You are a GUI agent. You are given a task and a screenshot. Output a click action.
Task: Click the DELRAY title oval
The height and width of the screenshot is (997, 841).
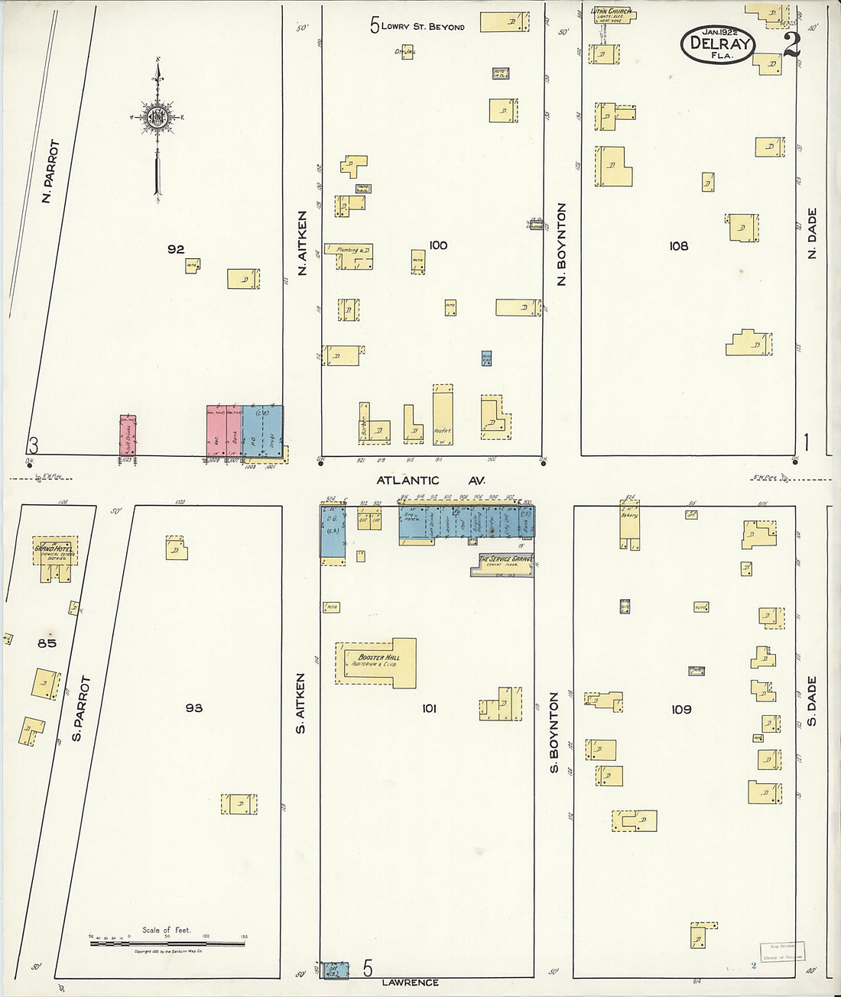click(x=717, y=44)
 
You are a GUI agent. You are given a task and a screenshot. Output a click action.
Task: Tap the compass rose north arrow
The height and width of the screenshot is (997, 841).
click(x=158, y=118)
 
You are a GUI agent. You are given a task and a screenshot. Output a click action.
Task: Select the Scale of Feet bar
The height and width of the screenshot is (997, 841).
click(x=167, y=944)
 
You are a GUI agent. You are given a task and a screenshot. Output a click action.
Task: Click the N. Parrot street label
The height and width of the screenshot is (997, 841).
click(x=50, y=171)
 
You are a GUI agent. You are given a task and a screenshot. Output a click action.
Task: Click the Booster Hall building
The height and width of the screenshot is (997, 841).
click(x=377, y=662)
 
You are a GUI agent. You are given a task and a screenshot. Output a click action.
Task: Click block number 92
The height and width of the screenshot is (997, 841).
click(x=176, y=249)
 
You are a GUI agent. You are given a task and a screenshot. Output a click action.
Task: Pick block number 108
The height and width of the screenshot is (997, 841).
click(x=678, y=246)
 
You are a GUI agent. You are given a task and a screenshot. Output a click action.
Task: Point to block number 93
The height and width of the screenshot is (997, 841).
click(x=193, y=708)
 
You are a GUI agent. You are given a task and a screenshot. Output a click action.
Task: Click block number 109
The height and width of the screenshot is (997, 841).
click(x=680, y=710)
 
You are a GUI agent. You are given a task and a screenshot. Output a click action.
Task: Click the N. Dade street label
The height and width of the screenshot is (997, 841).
click(x=812, y=233)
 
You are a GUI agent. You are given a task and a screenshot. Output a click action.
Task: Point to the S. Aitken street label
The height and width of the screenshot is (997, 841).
click(x=301, y=704)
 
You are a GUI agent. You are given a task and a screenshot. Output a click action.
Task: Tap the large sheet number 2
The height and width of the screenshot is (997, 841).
click(x=791, y=44)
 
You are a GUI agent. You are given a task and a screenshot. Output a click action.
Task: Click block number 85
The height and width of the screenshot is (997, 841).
click(x=47, y=643)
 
